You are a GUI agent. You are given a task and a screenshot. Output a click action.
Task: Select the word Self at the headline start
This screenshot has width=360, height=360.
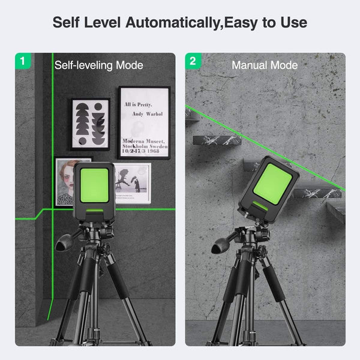66,23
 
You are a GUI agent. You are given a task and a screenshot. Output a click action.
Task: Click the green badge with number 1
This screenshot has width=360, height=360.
23,61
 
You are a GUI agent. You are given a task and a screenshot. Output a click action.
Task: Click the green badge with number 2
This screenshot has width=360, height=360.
193,61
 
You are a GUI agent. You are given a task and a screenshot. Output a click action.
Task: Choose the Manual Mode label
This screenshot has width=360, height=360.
265,65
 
